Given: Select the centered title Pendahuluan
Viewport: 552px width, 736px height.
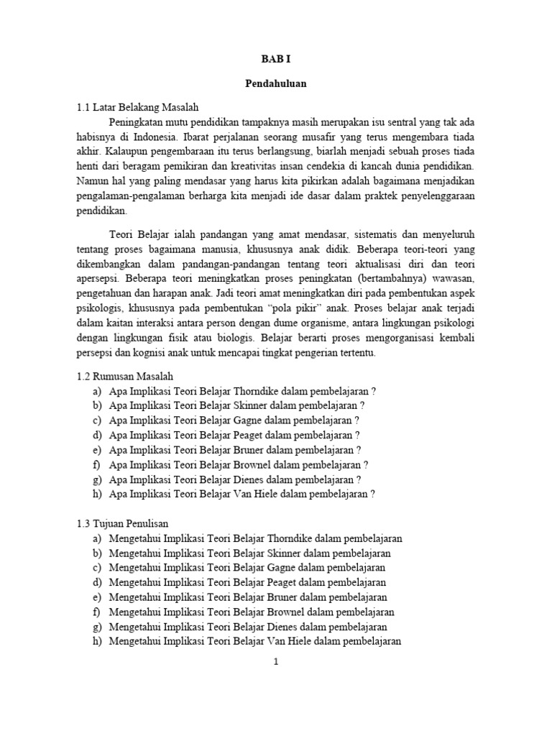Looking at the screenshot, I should coord(275,83).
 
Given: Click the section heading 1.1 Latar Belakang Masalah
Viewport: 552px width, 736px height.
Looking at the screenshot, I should coord(137,107).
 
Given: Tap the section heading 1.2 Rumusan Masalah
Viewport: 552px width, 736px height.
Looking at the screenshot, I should coord(124,376).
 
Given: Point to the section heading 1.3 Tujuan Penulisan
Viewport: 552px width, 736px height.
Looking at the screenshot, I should coord(122,523).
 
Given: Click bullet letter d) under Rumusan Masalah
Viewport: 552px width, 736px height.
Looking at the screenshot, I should coord(96,435).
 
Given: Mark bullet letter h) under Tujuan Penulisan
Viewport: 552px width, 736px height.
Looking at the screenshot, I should coord(96,641).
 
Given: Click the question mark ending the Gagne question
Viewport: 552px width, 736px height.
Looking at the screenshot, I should coord(356,420).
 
